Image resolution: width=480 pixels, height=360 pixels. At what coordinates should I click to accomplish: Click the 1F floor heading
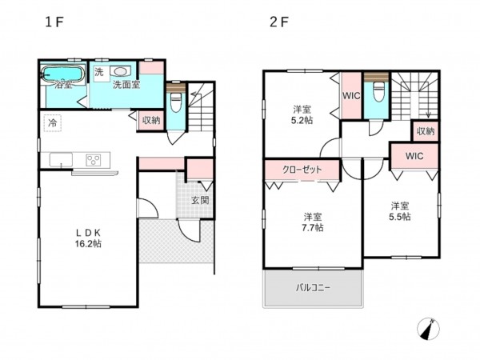coord(54,22)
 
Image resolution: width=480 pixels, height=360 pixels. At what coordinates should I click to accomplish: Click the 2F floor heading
coord(278,22)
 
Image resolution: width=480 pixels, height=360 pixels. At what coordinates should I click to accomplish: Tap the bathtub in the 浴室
coord(63,74)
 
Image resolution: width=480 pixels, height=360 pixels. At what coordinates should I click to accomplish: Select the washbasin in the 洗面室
coord(120,71)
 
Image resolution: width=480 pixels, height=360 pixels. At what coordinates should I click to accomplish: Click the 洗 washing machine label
coord(99,72)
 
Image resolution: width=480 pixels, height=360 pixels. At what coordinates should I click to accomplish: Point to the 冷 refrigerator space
coord(52,123)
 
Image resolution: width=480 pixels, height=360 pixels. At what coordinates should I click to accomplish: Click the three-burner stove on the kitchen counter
coord(94,160)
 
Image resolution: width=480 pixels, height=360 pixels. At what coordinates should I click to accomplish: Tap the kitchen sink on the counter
coord(62,160)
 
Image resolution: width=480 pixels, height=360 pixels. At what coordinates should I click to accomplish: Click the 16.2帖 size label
coord(88,244)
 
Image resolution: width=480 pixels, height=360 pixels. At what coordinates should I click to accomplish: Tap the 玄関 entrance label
coord(201,200)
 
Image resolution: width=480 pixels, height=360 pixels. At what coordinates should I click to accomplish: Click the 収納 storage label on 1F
coord(151,120)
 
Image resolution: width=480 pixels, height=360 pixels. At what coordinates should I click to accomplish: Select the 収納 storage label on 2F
coord(426,131)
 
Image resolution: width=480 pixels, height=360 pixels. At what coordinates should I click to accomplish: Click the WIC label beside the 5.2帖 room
coord(351,96)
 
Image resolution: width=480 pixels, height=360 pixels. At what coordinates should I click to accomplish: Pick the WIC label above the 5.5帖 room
coord(414,156)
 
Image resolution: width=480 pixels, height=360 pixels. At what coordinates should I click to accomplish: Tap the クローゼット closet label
coord(302,170)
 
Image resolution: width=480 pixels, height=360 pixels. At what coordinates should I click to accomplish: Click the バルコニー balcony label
coord(313,288)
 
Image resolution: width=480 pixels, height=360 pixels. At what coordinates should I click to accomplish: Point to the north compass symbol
coord(428,329)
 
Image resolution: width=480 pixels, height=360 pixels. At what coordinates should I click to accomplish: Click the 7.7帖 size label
coord(313,228)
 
